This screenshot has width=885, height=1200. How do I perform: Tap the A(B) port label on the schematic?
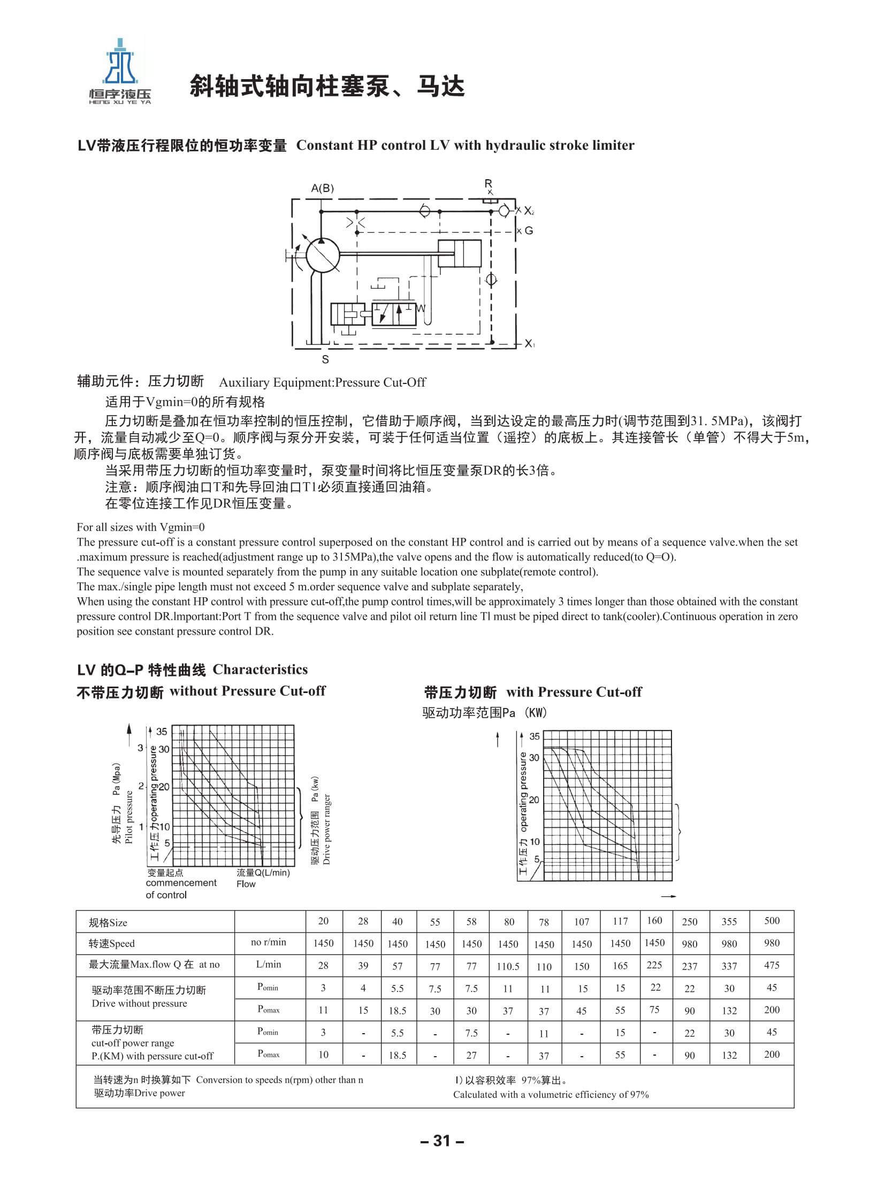pyautogui.click(x=322, y=188)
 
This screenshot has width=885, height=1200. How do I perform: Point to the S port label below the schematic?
pyautogui.click(x=325, y=360)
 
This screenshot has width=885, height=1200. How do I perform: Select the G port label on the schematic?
pyautogui.click(x=529, y=232)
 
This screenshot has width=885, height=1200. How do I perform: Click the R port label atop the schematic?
pyautogui.click(x=488, y=183)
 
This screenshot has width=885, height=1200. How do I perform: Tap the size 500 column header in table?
pyautogui.click(x=772, y=920)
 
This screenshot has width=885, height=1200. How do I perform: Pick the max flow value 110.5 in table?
pyautogui.click(x=508, y=966)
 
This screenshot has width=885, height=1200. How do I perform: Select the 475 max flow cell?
pyautogui.click(x=772, y=965)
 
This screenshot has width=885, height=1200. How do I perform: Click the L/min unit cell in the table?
pyautogui.click(x=269, y=964)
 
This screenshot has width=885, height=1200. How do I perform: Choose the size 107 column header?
pyautogui.click(x=581, y=921)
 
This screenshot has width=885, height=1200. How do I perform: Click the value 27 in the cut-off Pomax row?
pyautogui.click(x=471, y=1055)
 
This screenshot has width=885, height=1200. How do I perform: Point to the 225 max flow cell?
pyautogui.click(x=654, y=965)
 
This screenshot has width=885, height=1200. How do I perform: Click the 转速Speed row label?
pyautogui.click(x=112, y=943)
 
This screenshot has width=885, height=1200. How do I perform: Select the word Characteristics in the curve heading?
pyautogui.click(x=260, y=670)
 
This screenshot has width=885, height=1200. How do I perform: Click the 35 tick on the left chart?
pyautogui.click(x=162, y=732)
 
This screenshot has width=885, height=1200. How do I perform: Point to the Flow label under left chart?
pyautogui.click(x=246, y=884)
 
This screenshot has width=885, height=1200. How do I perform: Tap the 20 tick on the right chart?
pyautogui.click(x=534, y=800)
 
